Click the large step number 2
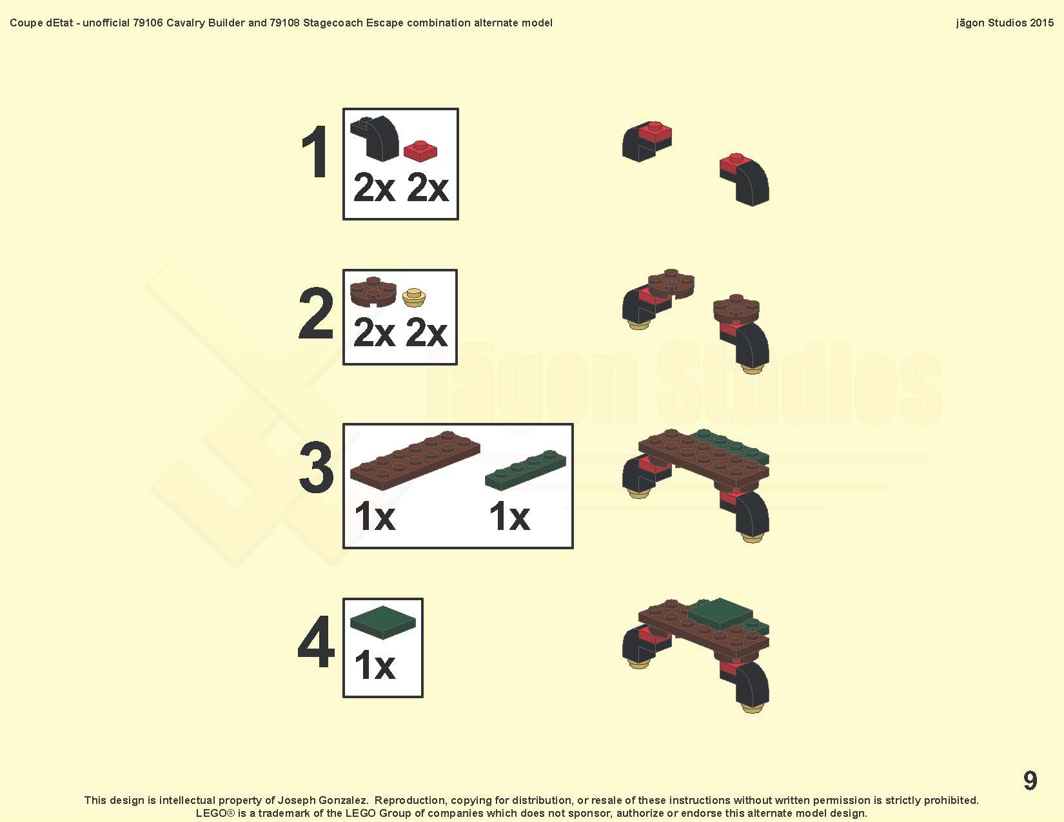tap(317, 313)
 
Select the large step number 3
tap(317, 467)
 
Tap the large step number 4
tap(317, 641)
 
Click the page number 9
tap(1030, 780)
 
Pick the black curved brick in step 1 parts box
tap(375, 139)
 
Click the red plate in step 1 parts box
tap(420, 151)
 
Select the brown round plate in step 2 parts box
tap(373, 292)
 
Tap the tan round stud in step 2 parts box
tap(414, 298)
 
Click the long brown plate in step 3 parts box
tap(415, 460)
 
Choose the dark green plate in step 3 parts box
tap(526, 469)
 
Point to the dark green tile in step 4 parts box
tap(383, 622)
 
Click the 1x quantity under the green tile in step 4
tap(375, 666)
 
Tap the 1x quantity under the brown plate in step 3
tap(375, 516)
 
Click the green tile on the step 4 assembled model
tap(721, 614)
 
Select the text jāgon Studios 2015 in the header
tap(1005, 23)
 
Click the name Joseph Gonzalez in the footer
tap(322, 800)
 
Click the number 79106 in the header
tap(148, 23)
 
